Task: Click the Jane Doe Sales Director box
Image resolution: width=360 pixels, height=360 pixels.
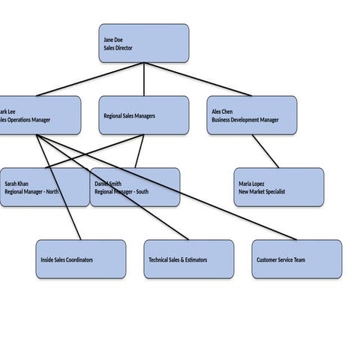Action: [x=143, y=43]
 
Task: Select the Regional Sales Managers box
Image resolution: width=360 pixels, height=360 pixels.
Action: [x=143, y=115]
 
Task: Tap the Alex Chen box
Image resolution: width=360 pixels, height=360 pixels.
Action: [x=251, y=115]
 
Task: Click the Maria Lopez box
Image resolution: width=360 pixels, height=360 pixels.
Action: [x=278, y=187]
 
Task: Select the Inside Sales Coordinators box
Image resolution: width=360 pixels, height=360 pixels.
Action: [x=80, y=259]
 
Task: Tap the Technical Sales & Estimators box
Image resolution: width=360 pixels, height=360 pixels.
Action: [x=188, y=259]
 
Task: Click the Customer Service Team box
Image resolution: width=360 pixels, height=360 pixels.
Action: [x=296, y=259]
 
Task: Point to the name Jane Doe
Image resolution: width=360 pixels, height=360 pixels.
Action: [x=113, y=39]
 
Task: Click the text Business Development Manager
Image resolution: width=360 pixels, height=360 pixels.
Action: [x=244, y=119]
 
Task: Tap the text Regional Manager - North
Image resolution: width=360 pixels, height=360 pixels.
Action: [x=31, y=192]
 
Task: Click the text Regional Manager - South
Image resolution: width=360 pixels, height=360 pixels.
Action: [x=121, y=192]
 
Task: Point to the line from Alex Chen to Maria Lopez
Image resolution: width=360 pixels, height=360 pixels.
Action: [x=265, y=151]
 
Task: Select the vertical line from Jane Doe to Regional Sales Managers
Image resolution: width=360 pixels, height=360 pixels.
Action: [x=143, y=79]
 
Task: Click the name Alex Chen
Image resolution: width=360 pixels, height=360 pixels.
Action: [x=222, y=111]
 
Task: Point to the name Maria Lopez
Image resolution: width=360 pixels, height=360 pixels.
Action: [x=252, y=184]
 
